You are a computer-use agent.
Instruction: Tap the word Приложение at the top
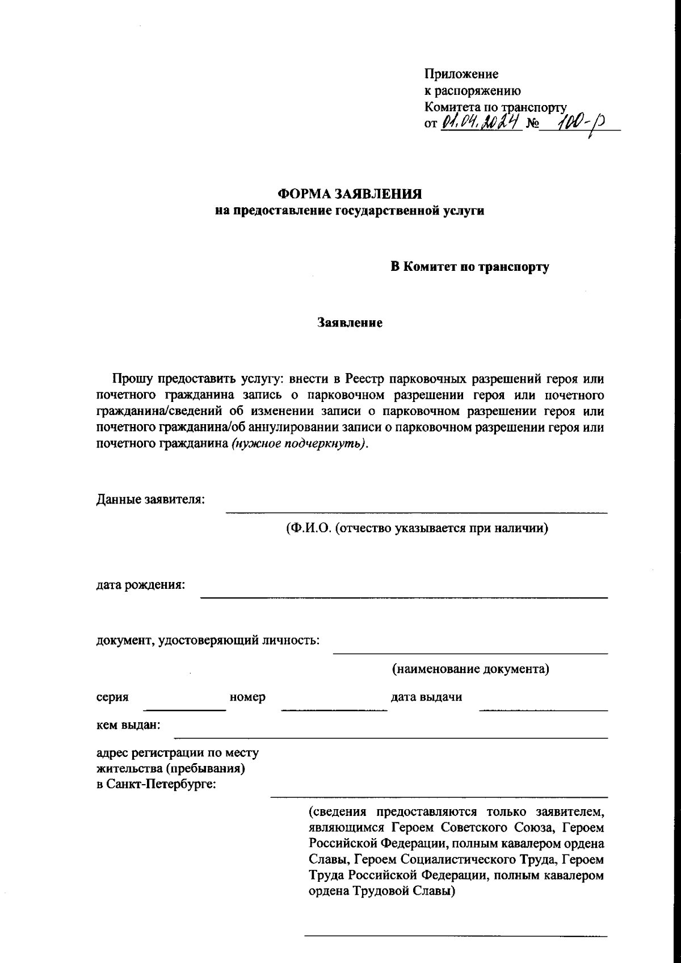point(461,74)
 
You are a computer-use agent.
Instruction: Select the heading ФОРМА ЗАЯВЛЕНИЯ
point(349,194)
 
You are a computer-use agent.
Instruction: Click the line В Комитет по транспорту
point(469,267)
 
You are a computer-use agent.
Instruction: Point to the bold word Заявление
point(350,323)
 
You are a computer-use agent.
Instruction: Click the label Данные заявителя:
point(150,500)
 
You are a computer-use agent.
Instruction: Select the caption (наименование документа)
point(470,669)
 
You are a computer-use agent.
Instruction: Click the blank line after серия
point(184,709)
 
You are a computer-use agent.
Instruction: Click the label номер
point(247,697)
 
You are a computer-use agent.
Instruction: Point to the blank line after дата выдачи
point(543,709)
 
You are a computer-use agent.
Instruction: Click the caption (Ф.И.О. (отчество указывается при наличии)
point(417,529)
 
